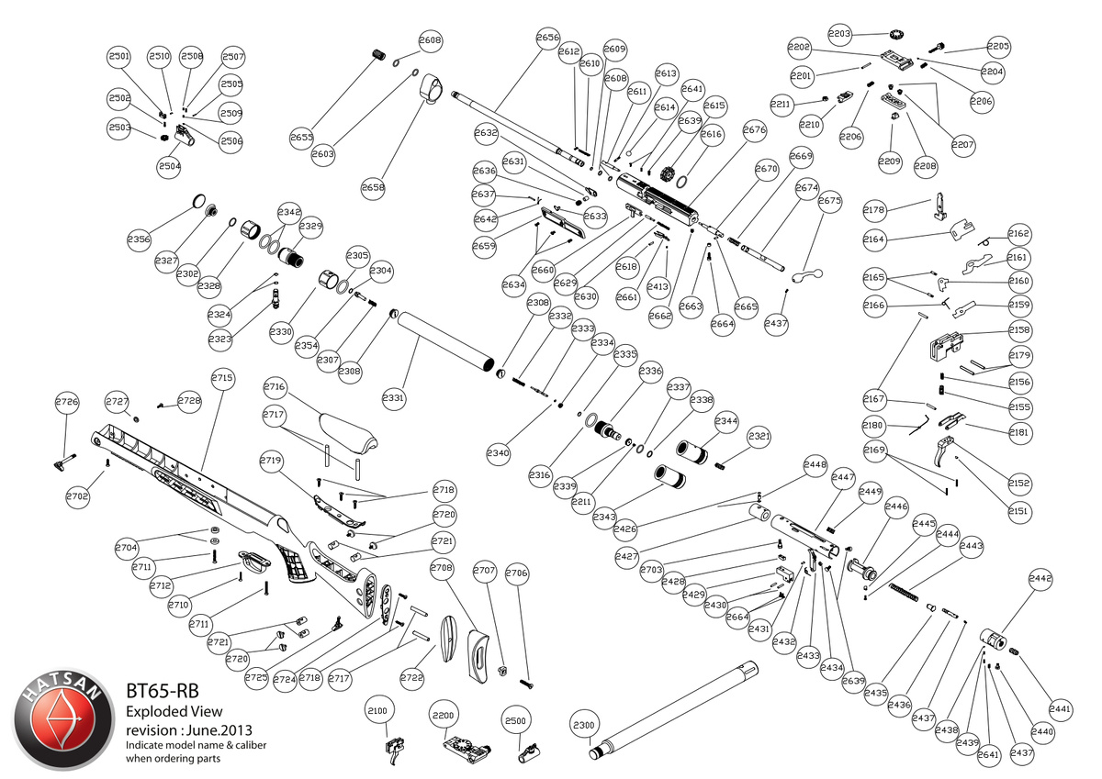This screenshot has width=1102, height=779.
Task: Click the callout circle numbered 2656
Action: (x=548, y=38)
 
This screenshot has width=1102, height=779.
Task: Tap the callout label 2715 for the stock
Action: (x=223, y=378)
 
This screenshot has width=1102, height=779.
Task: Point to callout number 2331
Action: (x=394, y=398)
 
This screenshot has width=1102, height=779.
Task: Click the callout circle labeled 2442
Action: (x=1040, y=580)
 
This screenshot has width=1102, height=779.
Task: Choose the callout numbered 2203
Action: (x=839, y=33)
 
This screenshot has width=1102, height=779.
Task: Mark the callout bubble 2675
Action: (x=829, y=201)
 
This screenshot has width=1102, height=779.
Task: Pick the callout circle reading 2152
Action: (x=1019, y=483)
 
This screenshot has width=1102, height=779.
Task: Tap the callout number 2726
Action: (x=67, y=402)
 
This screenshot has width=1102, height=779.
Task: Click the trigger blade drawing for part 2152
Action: (x=943, y=454)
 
